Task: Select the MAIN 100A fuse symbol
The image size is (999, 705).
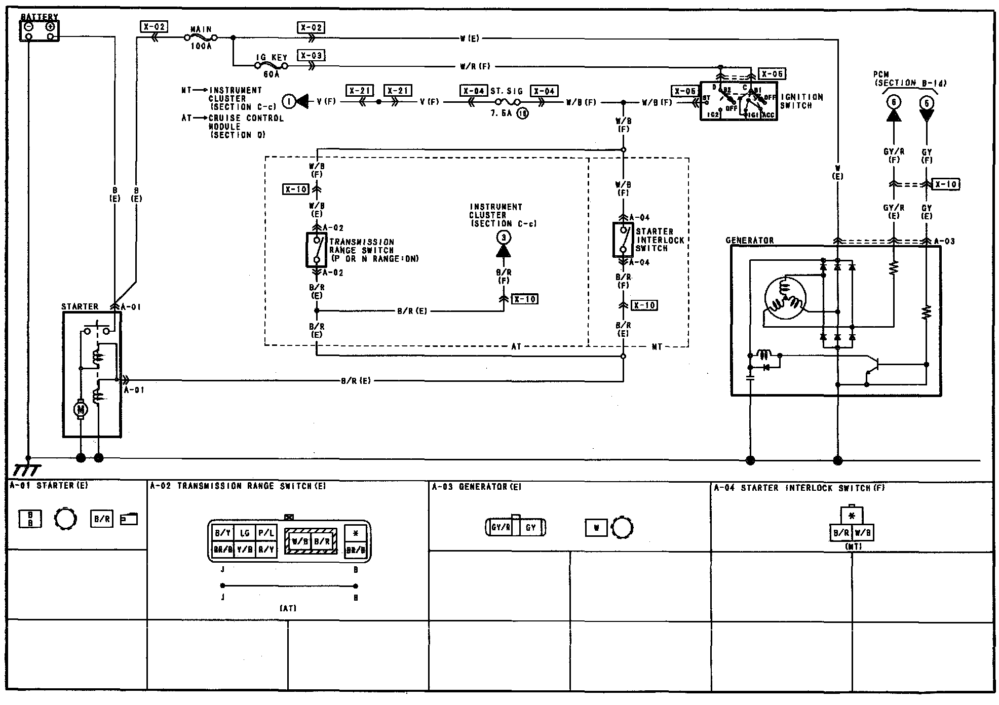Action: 201,37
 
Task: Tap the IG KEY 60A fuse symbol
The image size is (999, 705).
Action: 271,66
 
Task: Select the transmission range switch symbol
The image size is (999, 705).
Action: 316,250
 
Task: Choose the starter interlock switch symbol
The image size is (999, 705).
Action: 623,238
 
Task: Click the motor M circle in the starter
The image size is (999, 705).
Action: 81,409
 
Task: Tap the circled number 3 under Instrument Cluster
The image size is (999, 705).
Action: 503,238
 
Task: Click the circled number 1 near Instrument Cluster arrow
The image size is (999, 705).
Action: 289,102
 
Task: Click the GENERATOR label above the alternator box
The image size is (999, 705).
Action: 749,241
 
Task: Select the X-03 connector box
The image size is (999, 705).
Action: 311,55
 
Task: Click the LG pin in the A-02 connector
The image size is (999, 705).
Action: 245,533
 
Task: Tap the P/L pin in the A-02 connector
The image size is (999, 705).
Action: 266,533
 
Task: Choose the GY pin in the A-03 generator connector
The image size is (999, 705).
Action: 530,528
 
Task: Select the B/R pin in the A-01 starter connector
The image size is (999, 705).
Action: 101,519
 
